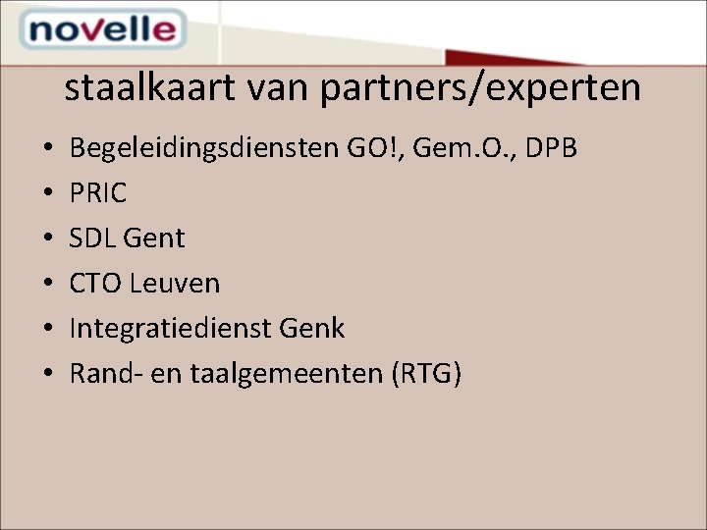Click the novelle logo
click(101, 30)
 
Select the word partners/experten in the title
click(480, 88)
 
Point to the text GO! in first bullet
click(373, 149)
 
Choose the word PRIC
click(98, 193)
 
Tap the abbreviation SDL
click(93, 238)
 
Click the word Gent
click(155, 238)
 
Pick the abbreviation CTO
click(94, 284)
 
